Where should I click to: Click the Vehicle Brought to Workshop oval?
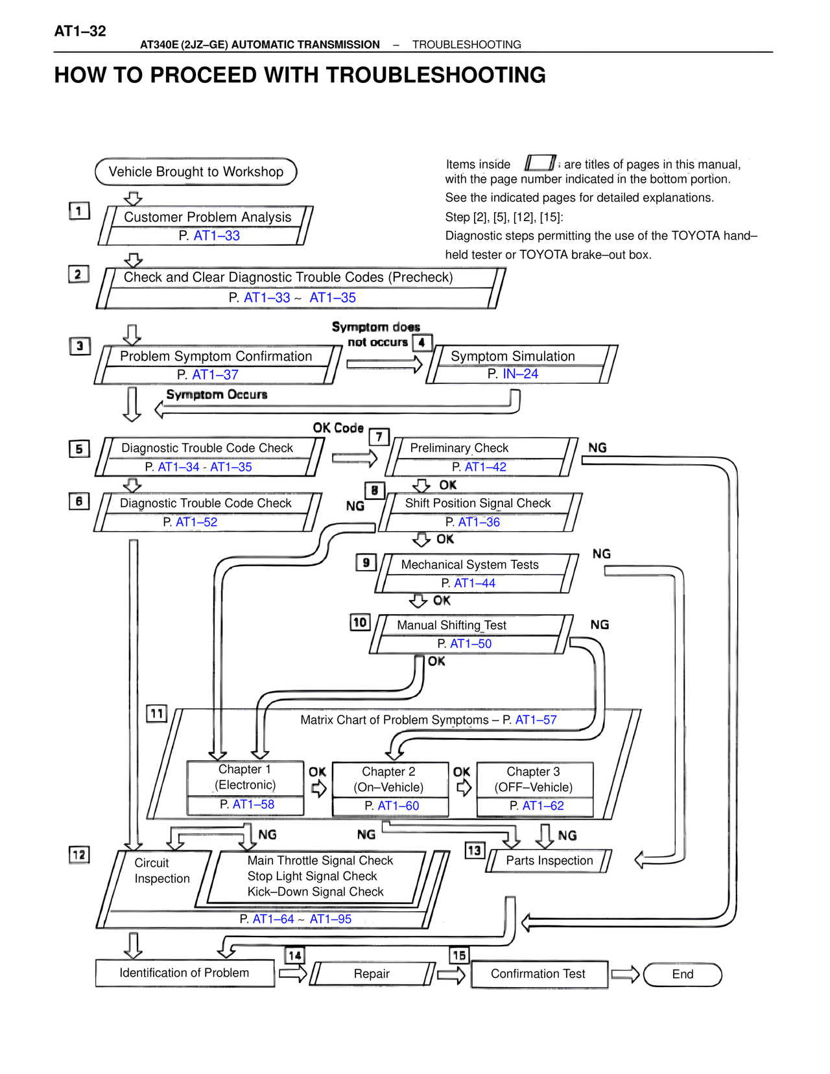pos(196,172)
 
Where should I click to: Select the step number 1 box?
pos(79,211)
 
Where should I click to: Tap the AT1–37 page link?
pos(215,375)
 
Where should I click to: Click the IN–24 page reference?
pos(520,374)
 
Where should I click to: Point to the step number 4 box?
pos(422,342)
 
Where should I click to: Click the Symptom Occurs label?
pos(217,394)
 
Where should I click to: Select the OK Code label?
pos(338,428)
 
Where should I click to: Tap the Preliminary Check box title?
pos(459,448)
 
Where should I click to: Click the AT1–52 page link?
pos(196,522)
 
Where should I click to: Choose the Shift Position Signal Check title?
pos(477,503)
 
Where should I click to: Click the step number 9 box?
pos(366,562)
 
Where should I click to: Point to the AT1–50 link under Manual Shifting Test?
pos(471,644)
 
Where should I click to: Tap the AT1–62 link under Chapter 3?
pos(543,805)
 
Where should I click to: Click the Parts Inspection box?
pos(549,861)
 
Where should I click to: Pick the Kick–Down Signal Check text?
pos(315,892)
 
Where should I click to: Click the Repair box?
pos(372,973)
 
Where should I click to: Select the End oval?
pos(682,974)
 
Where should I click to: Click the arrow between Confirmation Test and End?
pos(625,973)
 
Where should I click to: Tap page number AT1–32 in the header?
pos(80,31)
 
